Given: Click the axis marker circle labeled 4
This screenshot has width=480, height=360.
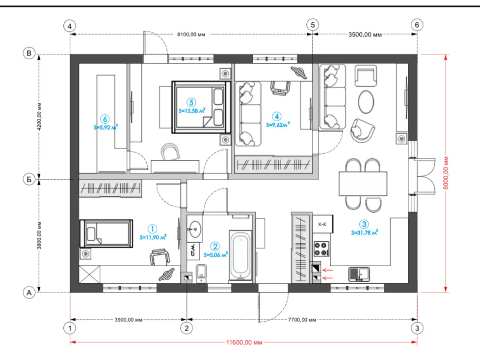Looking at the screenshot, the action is [x=70, y=26].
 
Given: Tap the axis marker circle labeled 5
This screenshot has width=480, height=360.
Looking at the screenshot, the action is [x=312, y=25].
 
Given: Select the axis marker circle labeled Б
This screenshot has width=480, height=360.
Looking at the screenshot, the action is [x=29, y=179].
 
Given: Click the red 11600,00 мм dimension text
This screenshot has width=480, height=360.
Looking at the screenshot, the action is [x=244, y=342].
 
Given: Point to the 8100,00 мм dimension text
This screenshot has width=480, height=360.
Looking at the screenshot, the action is [x=191, y=35].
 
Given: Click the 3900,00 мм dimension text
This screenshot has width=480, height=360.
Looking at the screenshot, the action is [x=129, y=320].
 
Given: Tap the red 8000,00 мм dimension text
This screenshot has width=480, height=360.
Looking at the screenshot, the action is [x=446, y=173].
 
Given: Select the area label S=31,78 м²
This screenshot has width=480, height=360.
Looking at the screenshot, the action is [x=365, y=233].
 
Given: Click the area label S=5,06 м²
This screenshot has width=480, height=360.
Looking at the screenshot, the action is [x=216, y=255].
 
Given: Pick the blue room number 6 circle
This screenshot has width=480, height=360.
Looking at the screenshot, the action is [x=105, y=119].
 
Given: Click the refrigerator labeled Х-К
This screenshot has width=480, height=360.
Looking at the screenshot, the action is [x=323, y=224].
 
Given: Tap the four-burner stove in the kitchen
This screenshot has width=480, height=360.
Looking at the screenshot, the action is [x=321, y=249].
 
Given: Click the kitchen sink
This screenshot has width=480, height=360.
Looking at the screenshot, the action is [x=359, y=274].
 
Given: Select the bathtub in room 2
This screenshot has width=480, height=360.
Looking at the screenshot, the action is [x=240, y=255].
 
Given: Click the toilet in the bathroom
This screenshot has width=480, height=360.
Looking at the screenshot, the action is [x=201, y=273].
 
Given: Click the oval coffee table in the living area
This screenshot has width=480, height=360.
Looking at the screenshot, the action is [x=366, y=102].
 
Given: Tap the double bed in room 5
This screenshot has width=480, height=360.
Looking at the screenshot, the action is [x=201, y=107].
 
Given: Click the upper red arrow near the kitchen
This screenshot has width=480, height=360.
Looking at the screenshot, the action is [x=328, y=270].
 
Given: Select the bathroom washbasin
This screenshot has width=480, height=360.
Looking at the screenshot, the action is [x=194, y=229].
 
